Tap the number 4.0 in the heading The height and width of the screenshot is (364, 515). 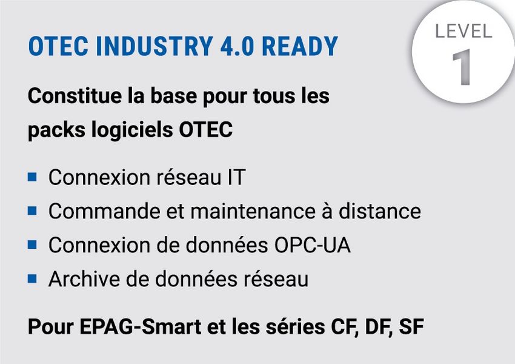[237, 46]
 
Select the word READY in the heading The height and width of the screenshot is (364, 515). [300, 46]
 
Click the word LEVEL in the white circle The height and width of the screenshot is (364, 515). [463, 31]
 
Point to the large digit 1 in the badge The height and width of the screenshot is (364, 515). [462, 67]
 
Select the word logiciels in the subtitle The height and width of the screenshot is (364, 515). [132, 130]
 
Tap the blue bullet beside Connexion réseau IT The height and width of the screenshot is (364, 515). [32, 177]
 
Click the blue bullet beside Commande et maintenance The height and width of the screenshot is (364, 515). [32, 211]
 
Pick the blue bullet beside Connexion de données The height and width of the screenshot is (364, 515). [32, 244]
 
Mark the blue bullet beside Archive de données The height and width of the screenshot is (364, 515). [32, 278]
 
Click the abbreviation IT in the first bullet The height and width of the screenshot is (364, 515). [236, 178]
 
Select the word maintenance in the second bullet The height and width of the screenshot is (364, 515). [253, 212]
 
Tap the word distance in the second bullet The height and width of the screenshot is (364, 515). [380, 211]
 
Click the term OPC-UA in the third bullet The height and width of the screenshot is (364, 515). [313, 245]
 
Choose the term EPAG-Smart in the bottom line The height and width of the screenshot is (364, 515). [140, 327]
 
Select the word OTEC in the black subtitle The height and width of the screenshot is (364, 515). [205, 129]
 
